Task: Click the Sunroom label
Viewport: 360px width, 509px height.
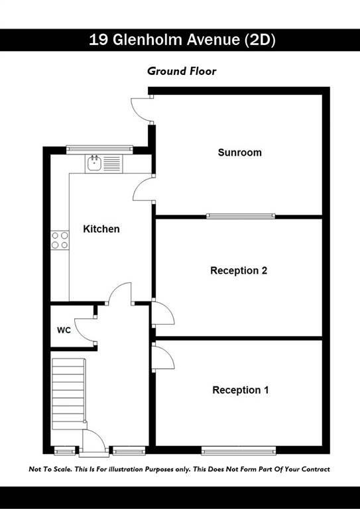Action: coord(239,152)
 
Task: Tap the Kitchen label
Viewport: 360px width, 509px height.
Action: coord(101,229)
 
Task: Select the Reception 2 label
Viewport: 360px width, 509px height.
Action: coord(239,270)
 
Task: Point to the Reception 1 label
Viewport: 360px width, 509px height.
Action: coord(240,390)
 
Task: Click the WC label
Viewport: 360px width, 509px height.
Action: coord(64,331)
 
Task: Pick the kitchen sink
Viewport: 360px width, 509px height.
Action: coord(104,164)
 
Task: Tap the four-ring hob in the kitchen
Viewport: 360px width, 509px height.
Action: coord(60,240)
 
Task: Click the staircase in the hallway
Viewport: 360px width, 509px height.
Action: coord(69,394)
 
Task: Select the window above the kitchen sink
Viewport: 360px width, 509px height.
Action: coord(99,149)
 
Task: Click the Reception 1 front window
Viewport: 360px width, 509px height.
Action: coord(239,451)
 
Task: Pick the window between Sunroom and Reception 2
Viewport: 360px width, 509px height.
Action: coord(241,216)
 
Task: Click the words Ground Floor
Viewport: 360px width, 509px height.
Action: coord(182,71)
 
